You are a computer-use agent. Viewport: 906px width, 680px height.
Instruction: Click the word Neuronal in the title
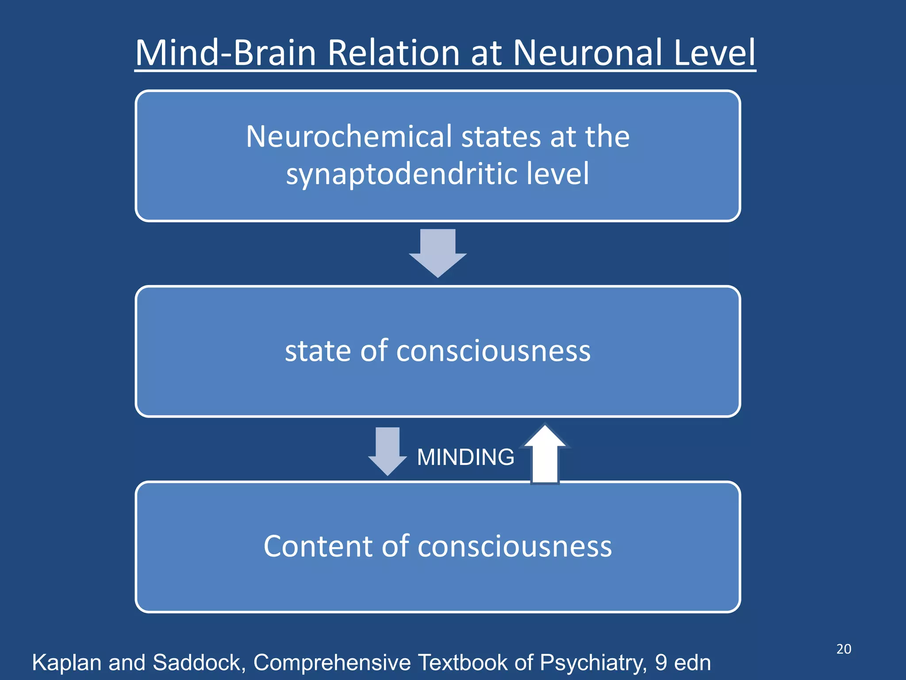click(x=589, y=53)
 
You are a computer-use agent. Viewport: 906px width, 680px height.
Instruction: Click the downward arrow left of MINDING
click(x=388, y=451)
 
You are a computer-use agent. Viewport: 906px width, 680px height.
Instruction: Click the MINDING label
click(x=465, y=457)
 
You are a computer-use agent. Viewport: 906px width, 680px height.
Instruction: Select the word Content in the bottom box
click(x=318, y=546)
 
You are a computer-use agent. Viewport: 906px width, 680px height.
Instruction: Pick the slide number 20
click(x=844, y=649)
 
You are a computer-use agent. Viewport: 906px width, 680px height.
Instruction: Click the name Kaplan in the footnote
click(x=67, y=663)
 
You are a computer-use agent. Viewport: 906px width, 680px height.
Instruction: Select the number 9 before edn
click(x=661, y=663)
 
